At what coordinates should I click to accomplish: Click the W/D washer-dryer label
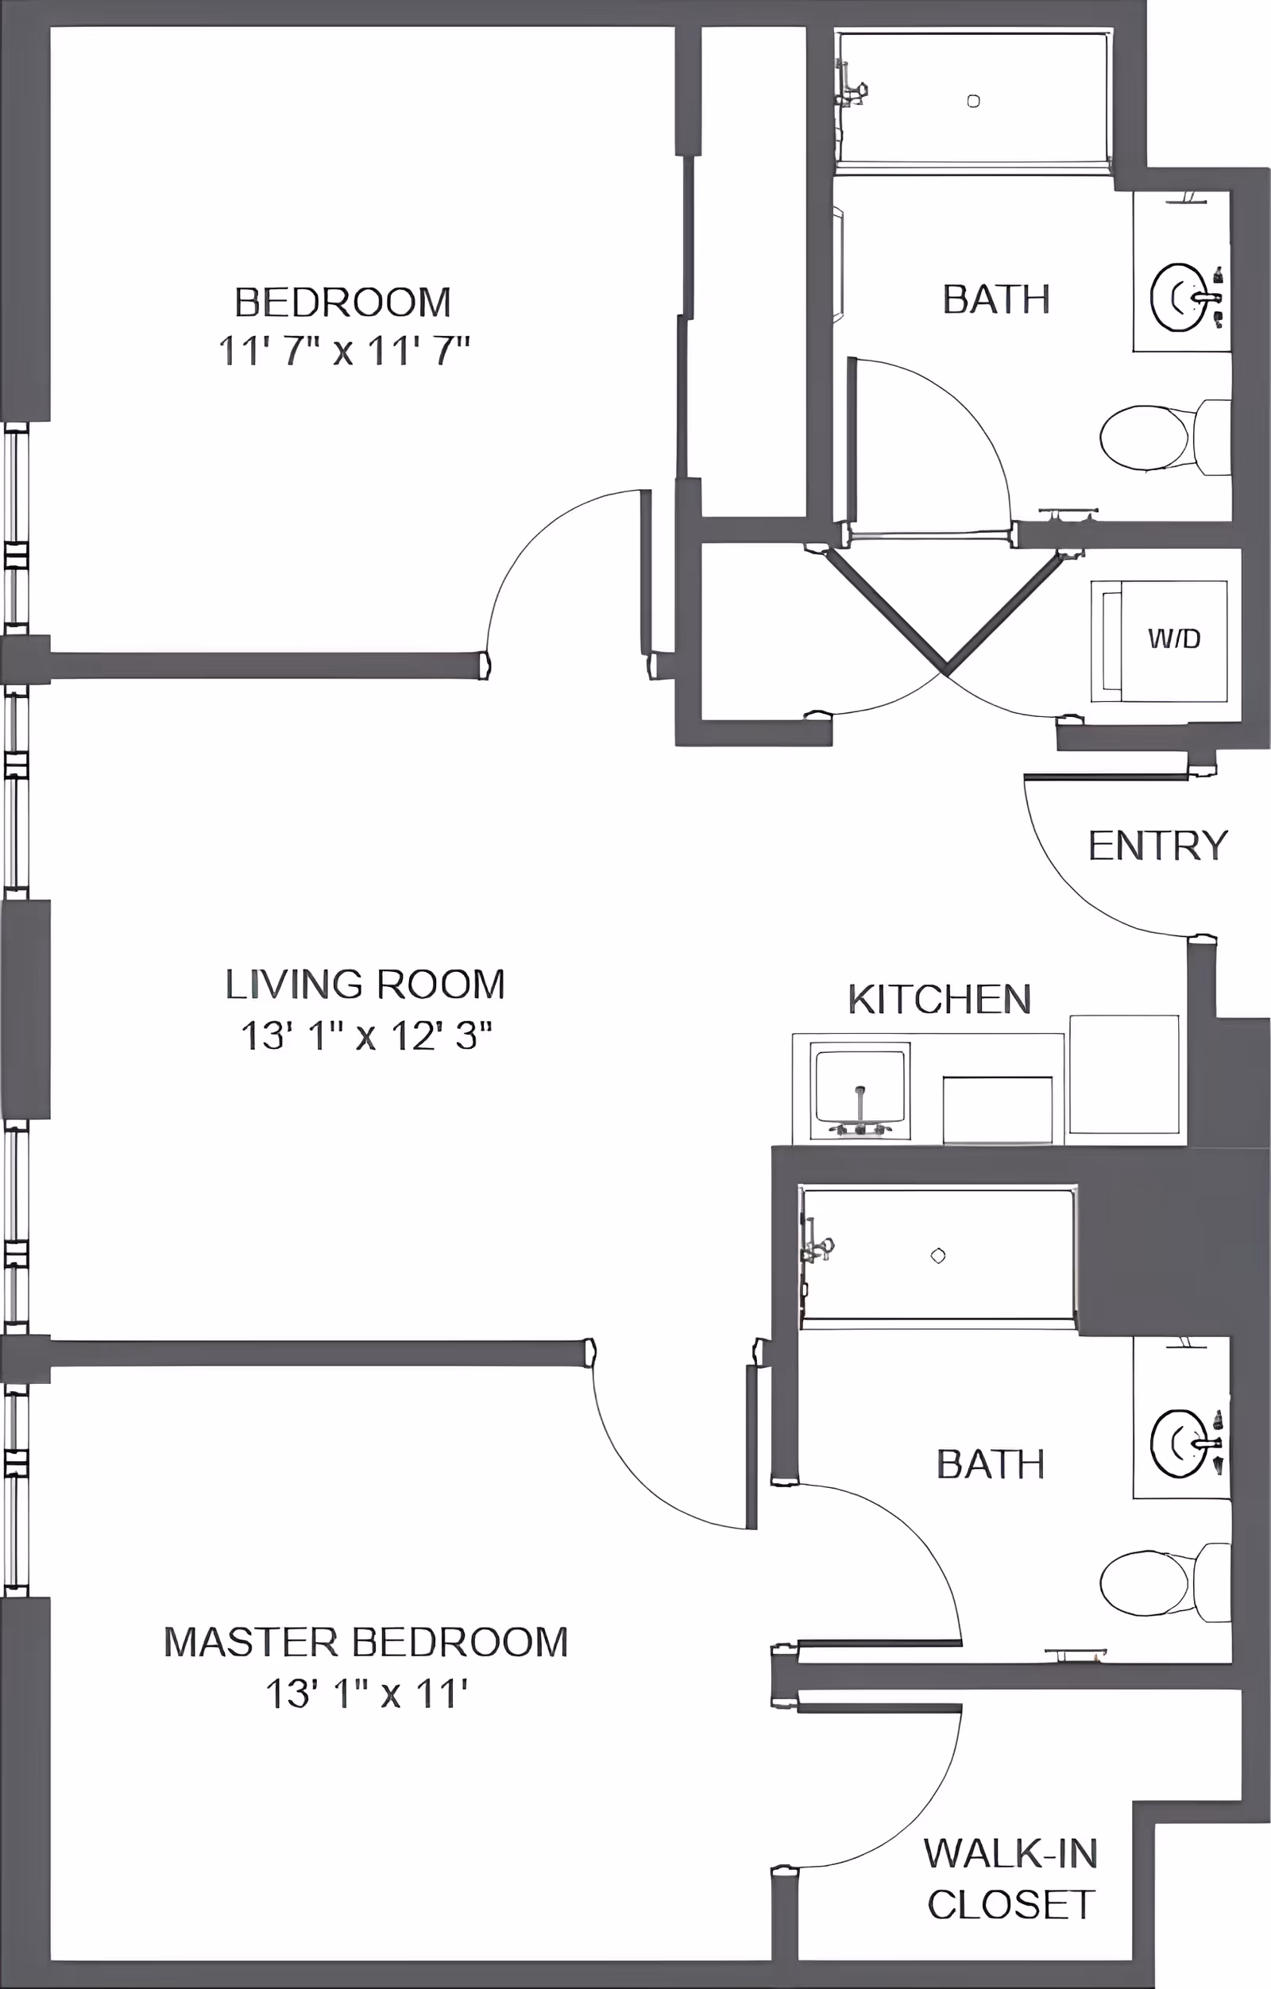click(x=1173, y=638)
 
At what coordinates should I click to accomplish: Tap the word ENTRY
click(x=1157, y=846)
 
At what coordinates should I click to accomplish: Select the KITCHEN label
click(x=940, y=1000)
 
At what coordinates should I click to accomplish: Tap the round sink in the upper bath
click(x=1176, y=298)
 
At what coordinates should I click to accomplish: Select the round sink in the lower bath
click(x=1176, y=1443)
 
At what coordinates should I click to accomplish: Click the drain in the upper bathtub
click(x=973, y=101)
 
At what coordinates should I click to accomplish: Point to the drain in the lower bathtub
click(x=938, y=1256)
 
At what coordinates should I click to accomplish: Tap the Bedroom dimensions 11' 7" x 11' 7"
click(x=344, y=351)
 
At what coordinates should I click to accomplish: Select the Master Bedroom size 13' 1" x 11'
click(x=366, y=1694)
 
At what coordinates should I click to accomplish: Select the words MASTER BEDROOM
click(x=366, y=1642)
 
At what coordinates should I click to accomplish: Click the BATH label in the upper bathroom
click(x=996, y=299)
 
